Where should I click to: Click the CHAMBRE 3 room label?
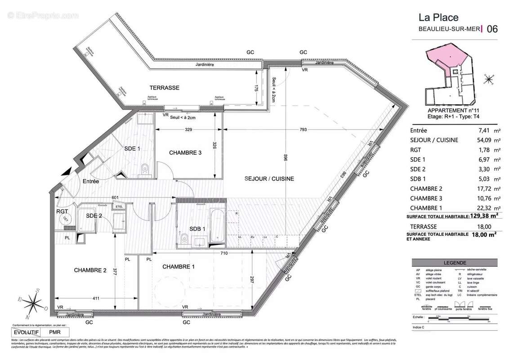(185, 153)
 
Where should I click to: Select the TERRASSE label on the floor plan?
(165, 88)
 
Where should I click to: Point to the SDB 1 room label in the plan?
(197, 229)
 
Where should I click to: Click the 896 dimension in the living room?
(286, 161)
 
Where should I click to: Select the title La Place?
(438, 18)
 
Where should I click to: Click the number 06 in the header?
(492, 29)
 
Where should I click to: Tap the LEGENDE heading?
(455, 263)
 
